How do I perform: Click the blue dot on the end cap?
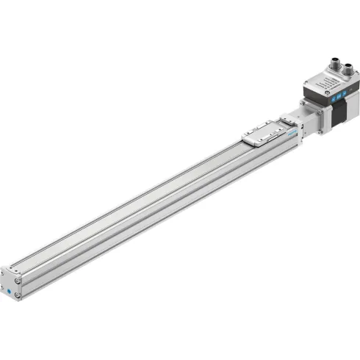pyautogui.click(x=9, y=290)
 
